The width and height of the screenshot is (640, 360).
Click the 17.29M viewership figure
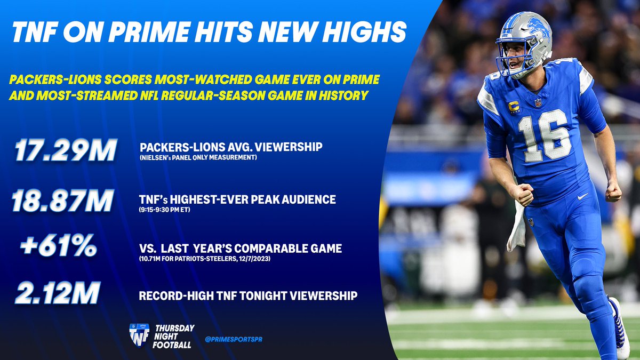pyautogui.click(x=65, y=151)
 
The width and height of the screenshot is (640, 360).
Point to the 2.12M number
pyautogui.click(x=57, y=294)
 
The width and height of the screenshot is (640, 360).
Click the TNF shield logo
pyautogui.click(x=139, y=334)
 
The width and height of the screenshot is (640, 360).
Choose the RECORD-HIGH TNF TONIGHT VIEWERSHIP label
pyautogui.click(x=248, y=295)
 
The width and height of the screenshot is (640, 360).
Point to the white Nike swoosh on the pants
pyautogui.click(x=583, y=196)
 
